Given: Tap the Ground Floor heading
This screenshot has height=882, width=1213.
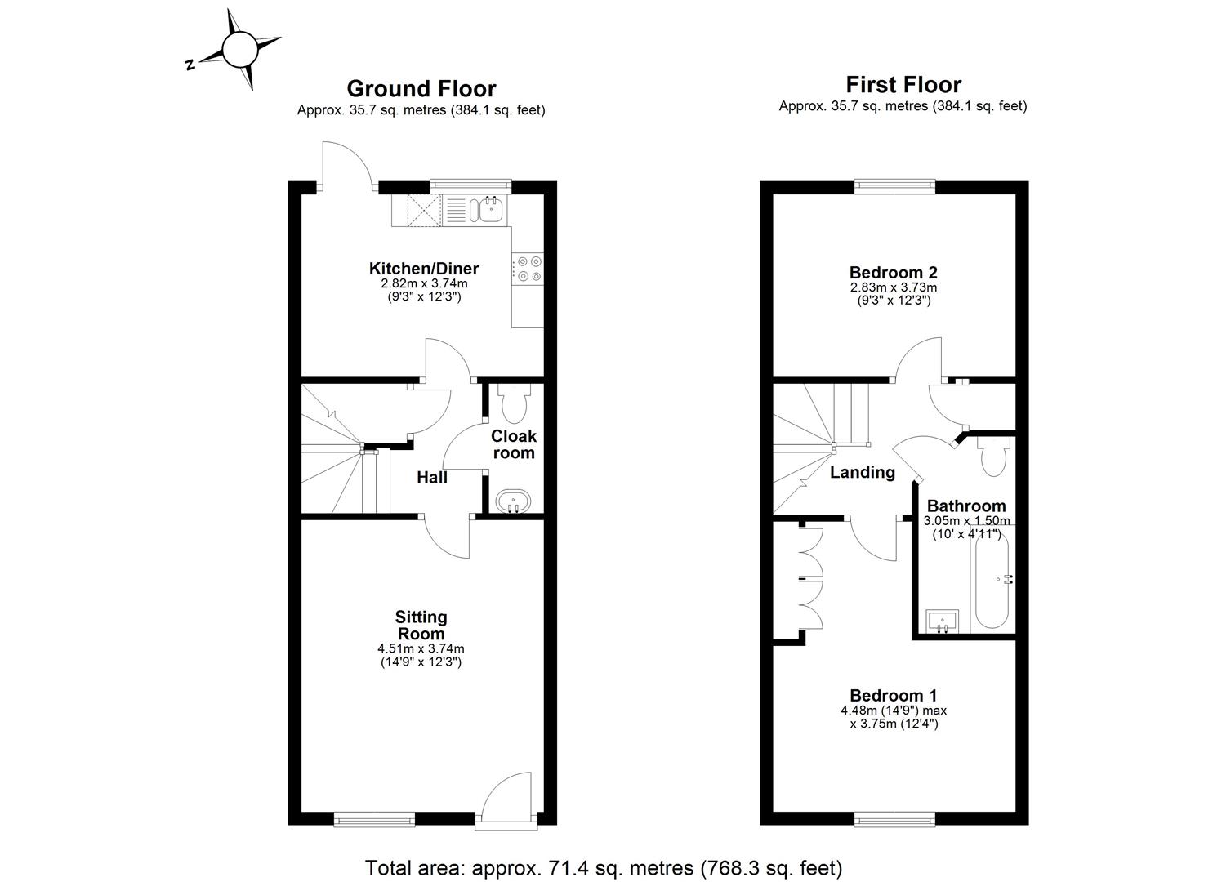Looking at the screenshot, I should point(421,88).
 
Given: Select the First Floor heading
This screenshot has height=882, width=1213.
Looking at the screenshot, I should point(903,84).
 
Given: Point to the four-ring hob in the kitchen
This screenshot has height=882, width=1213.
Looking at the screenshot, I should point(528,269).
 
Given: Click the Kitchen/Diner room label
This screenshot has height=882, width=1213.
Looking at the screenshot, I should point(423,269).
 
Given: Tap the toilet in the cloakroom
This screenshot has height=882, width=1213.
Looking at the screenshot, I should point(514,402).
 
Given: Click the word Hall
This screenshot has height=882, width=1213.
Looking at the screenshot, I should point(431,478).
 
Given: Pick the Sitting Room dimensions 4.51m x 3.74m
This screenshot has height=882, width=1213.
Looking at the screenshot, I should point(421,649).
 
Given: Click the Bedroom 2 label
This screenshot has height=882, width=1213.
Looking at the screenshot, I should point(893,273).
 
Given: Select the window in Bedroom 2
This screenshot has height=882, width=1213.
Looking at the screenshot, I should point(894,187).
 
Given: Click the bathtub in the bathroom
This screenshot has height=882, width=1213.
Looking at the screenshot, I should point(992,580).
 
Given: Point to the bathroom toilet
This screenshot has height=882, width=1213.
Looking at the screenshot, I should point(994,457).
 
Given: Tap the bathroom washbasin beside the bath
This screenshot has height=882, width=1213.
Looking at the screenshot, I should point(943,621).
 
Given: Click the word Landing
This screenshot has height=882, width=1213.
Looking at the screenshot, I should point(862,472).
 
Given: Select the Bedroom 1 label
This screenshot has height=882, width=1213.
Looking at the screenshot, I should point(893,696).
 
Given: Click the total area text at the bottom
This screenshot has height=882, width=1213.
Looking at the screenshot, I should point(603,866).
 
